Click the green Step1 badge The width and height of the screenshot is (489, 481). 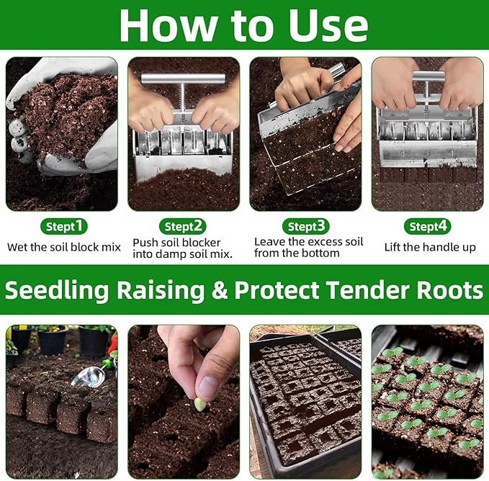pyautogui.click(x=64, y=226)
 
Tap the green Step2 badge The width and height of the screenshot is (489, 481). pyautogui.click(x=183, y=226)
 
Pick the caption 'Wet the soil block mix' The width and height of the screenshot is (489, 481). pyautogui.click(x=64, y=247)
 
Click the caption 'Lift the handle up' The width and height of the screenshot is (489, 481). pyautogui.click(x=431, y=247)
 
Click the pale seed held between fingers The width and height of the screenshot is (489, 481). pyautogui.click(x=200, y=404)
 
